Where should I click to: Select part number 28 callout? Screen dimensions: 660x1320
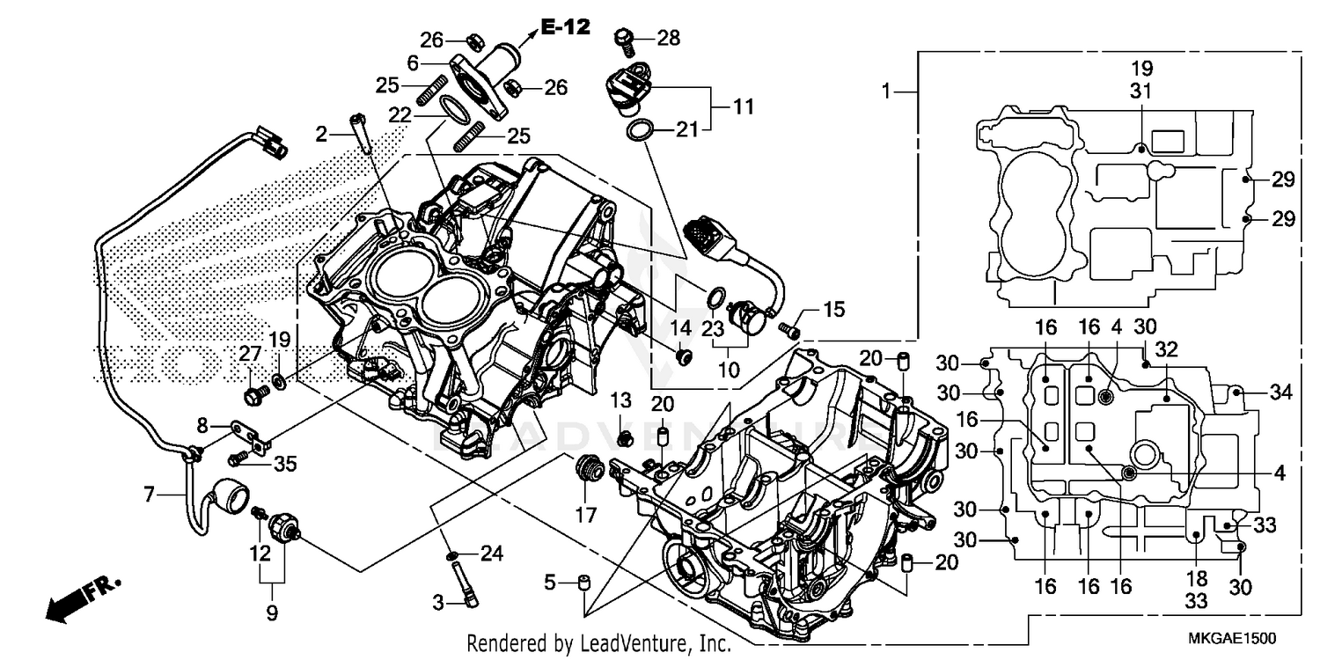click(x=669, y=37)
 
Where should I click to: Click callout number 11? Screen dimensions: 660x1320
click(x=744, y=107)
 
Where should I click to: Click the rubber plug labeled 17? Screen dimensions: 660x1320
click(x=586, y=468)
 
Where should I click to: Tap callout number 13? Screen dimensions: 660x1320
click(x=621, y=400)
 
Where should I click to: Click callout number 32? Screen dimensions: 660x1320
click(x=1166, y=349)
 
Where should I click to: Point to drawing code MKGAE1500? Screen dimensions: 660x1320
click(x=1232, y=638)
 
